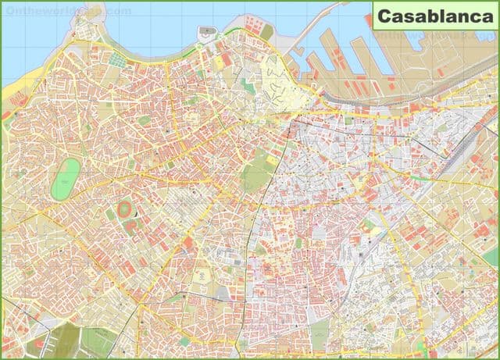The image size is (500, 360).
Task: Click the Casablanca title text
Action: click(x=433, y=16)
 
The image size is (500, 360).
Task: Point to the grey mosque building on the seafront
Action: click(x=206, y=34)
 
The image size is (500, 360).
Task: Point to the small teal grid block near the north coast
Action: click(x=117, y=59)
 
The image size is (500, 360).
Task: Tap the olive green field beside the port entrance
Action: click(x=267, y=32)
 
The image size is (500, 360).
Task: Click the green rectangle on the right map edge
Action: click(x=490, y=257)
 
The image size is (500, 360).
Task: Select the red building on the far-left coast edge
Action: click(x=6, y=115)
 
